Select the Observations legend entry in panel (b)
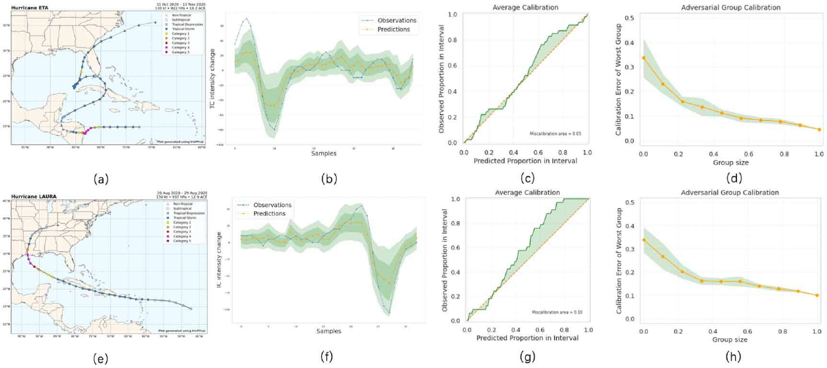click(396, 20)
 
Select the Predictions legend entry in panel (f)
click(269, 214)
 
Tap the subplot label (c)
click(527, 178)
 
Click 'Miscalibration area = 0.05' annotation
click(555, 134)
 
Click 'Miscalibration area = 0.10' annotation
click(557, 312)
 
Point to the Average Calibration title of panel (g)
click(527, 192)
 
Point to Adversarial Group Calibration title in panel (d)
click(731, 7)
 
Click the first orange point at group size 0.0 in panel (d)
click(643, 58)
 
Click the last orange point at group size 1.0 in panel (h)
click(817, 296)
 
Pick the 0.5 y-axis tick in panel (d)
click(632, 18)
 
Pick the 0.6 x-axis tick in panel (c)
click(538, 152)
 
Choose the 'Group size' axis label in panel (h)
click(730, 339)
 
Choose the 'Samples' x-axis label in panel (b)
click(324, 154)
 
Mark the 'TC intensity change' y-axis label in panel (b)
click(212, 78)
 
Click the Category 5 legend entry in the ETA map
click(180, 52)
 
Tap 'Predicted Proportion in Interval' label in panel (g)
click(527, 338)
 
